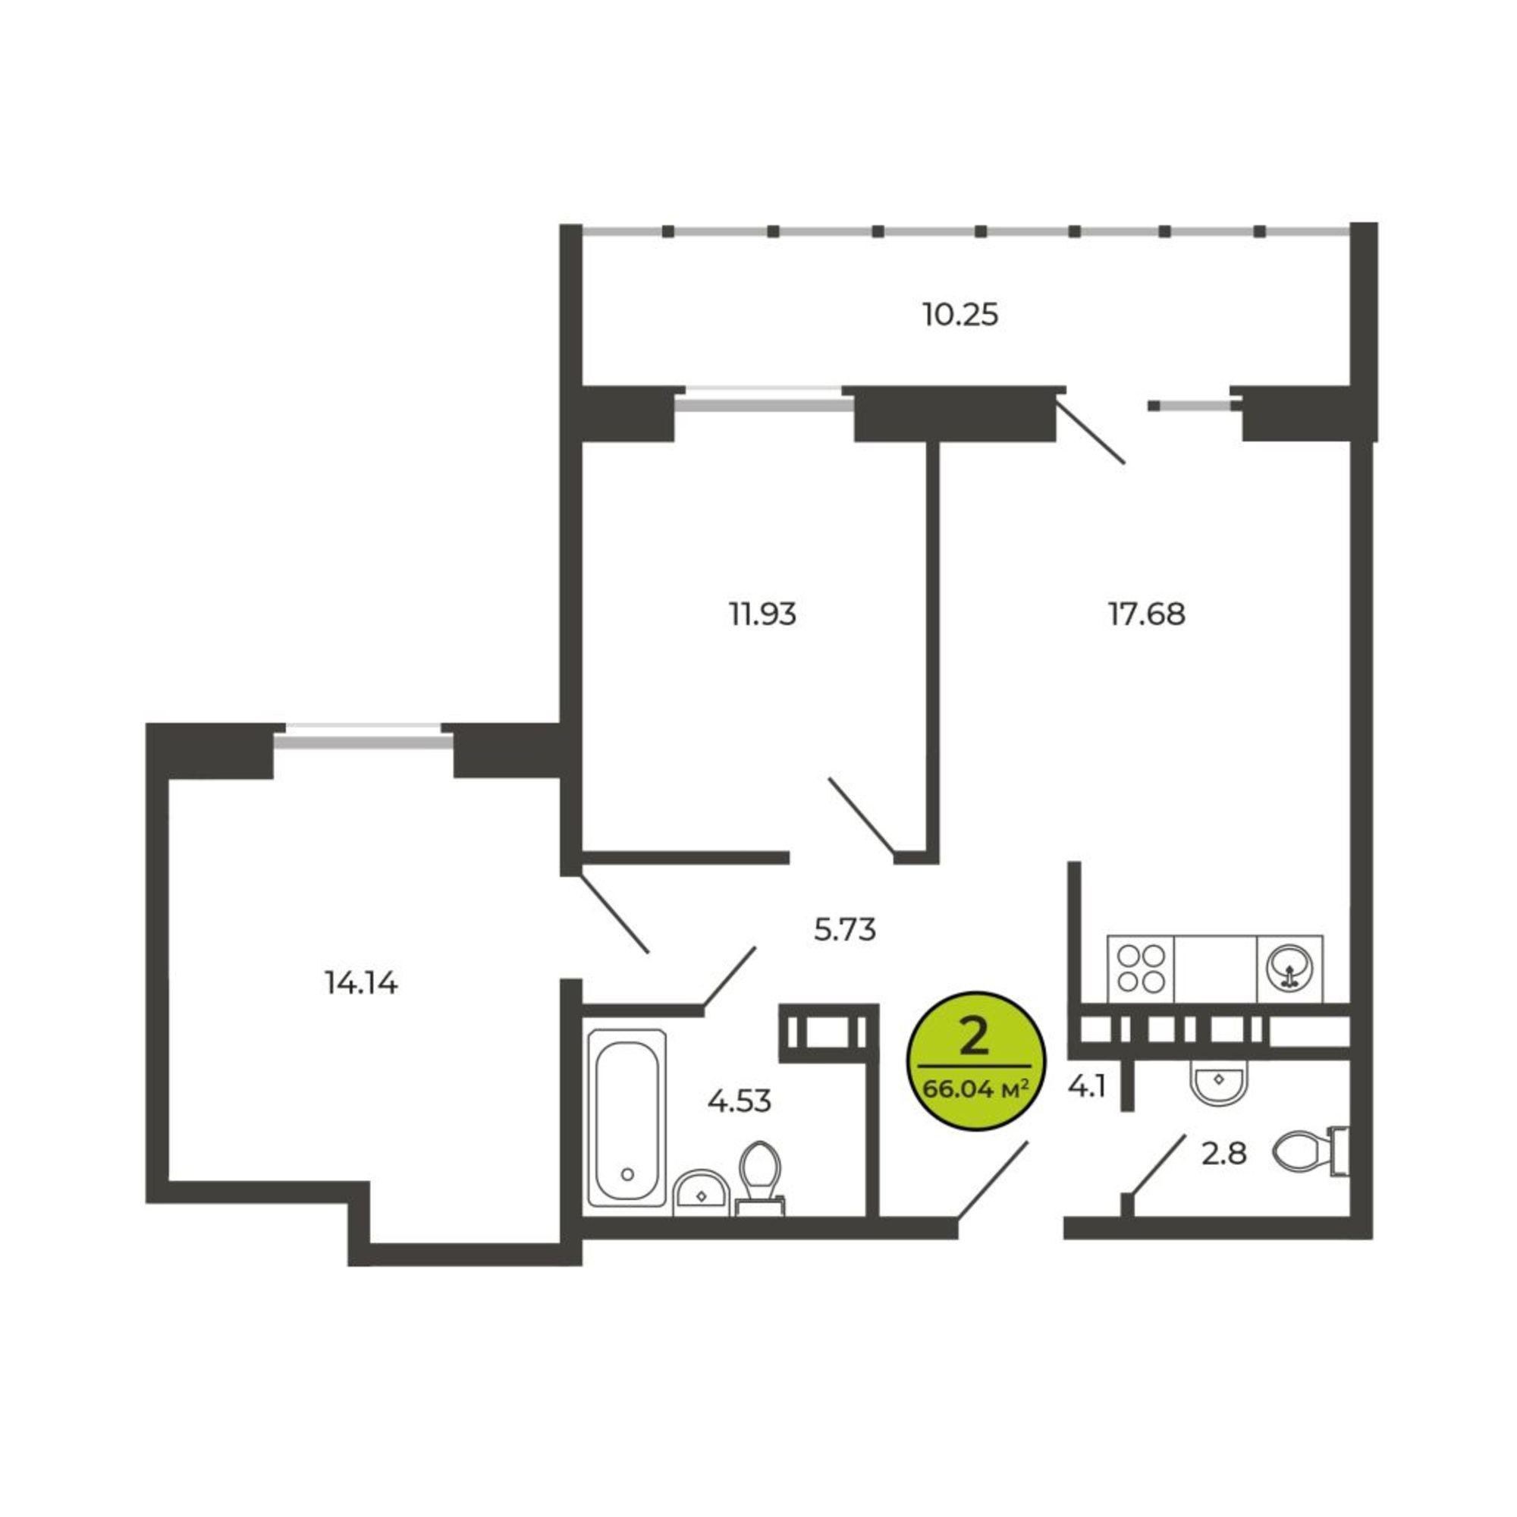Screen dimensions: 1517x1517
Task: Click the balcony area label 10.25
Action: pos(960,315)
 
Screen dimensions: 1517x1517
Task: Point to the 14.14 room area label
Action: pos(361,982)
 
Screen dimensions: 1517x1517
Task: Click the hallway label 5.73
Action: pos(845,930)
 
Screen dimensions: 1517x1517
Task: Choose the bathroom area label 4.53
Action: pos(740,1101)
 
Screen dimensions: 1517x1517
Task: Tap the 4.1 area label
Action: pos(1088,1087)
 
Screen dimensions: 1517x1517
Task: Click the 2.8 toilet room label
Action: pos(1224,1154)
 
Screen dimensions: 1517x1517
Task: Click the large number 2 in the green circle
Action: pos(975,1038)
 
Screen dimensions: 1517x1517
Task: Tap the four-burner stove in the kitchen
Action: pos(1141,969)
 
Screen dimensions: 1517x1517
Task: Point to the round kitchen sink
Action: pos(1289,969)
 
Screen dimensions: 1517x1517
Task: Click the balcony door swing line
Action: pos(1091,431)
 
